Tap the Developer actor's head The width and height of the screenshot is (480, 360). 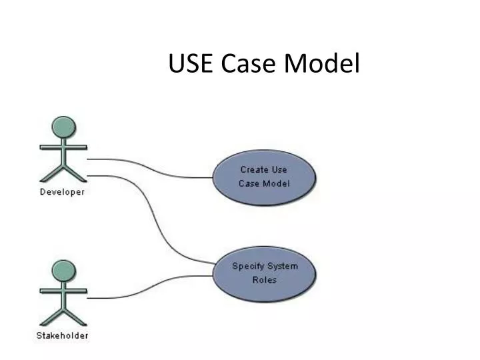63,127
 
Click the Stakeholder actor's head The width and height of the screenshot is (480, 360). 63,271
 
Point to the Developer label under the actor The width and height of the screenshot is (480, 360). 62,192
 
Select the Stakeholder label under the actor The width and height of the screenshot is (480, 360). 62,335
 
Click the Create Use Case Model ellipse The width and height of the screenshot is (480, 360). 264,177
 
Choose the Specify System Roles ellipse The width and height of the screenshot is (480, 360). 264,273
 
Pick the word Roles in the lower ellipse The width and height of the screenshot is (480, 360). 264,280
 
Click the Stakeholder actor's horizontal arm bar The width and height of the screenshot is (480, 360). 63,291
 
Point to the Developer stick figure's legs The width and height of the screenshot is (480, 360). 63,172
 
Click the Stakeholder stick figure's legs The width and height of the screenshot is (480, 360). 63,316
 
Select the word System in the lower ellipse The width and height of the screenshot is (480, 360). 282,266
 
